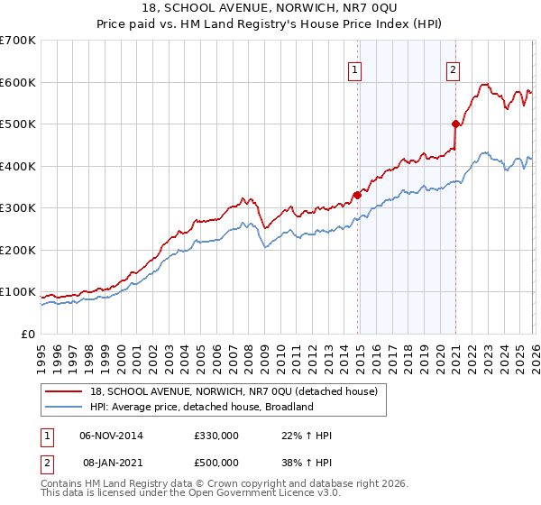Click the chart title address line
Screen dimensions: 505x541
coord(270,8)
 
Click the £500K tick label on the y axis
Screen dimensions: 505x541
coord(18,124)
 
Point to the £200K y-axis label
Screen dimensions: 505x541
coord(18,250)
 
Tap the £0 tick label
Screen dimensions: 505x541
coord(29,334)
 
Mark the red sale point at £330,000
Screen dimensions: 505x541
coord(357,194)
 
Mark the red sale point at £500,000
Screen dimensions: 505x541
coord(455,124)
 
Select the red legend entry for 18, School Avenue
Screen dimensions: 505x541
coord(239,390)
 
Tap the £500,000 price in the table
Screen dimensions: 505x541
coord(215,462)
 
